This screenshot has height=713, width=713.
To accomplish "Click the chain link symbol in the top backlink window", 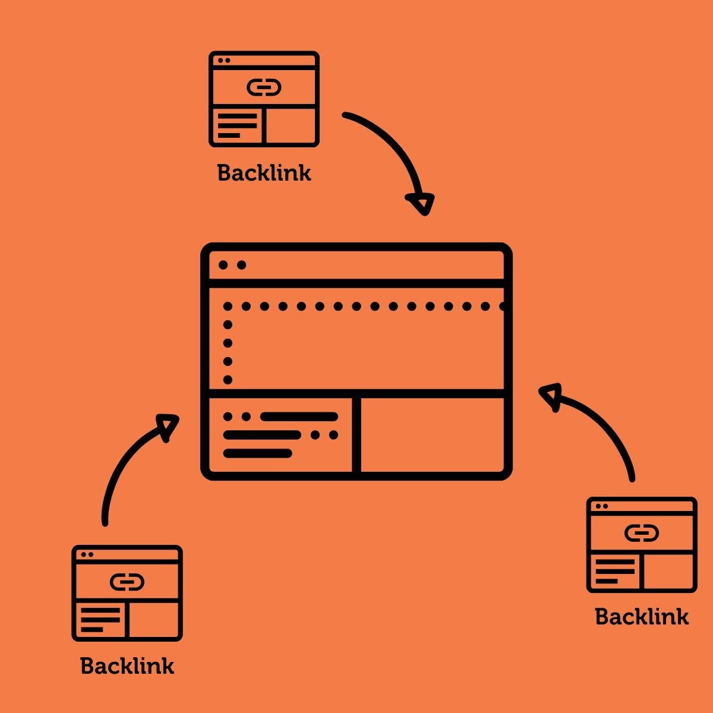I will (264, 89).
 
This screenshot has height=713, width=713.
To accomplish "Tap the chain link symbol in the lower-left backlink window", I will (127, 582).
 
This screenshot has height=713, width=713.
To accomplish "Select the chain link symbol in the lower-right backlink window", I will (642, 534).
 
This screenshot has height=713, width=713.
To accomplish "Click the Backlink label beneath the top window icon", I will (264, 173).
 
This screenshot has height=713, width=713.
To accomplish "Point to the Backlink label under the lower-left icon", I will (127, 666).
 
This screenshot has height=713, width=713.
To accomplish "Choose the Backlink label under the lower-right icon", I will (642, 617).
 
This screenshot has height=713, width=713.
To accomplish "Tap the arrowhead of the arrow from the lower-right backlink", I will (550, 396).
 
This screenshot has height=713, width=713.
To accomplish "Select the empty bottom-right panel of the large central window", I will (432, 434).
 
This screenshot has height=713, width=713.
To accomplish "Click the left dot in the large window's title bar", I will (223, 265).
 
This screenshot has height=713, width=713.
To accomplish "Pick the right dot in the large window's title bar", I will (241, 265).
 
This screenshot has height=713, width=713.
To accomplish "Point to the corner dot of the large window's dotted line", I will (228, 307).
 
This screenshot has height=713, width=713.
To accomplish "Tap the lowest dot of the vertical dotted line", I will (228, 380).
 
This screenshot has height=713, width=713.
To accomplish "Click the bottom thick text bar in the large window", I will (258, 453).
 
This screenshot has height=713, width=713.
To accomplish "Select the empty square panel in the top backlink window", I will (290, 125).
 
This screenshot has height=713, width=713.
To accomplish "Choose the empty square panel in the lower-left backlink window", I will (153, 619).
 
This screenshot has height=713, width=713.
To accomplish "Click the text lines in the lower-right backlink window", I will (615, 571).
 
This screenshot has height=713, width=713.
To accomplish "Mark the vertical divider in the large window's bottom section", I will (356, 434).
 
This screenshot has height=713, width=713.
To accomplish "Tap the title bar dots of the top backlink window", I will (223, 60).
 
